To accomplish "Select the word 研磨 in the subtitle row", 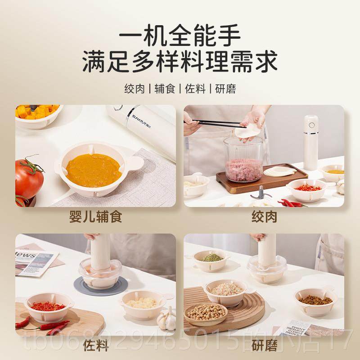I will coord(225,88).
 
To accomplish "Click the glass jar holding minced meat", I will coord(243,160).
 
